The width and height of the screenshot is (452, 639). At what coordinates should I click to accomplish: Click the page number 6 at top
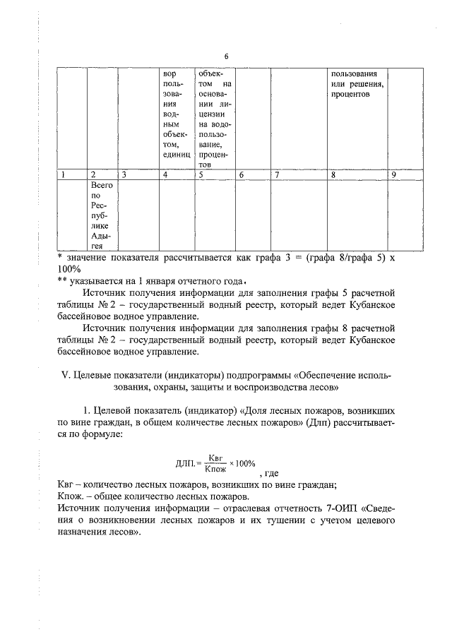point(226,56)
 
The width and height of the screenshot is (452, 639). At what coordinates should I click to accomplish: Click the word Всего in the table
point(102,184)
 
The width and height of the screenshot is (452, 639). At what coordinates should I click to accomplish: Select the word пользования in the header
point(357,73)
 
